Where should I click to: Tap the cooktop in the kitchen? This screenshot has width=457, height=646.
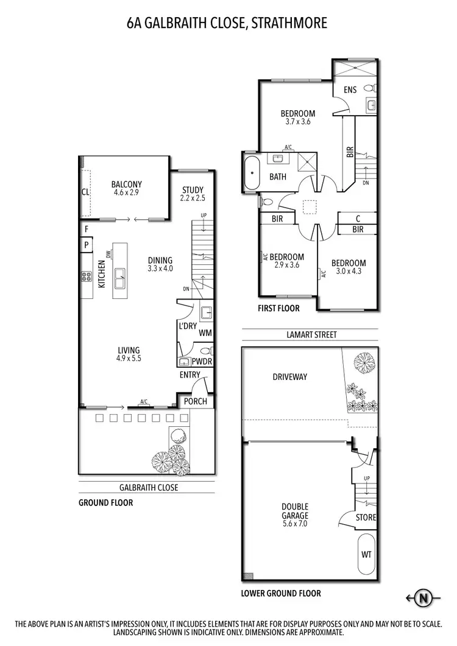click(86, 278)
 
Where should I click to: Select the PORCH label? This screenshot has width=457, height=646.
click(195, 401)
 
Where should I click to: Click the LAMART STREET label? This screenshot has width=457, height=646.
click(311, 334)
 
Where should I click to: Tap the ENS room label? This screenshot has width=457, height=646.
click(350, 90)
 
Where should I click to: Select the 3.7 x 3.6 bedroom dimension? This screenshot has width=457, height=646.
click(297, 122)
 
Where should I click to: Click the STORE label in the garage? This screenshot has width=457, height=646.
click(366, 518)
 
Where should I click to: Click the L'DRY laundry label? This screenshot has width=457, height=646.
click(188, 326)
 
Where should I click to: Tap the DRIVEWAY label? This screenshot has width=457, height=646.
click(289, 377)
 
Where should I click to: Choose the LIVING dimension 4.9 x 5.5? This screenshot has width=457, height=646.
click(129, 359)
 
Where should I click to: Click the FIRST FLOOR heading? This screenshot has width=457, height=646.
click(278, 308)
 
